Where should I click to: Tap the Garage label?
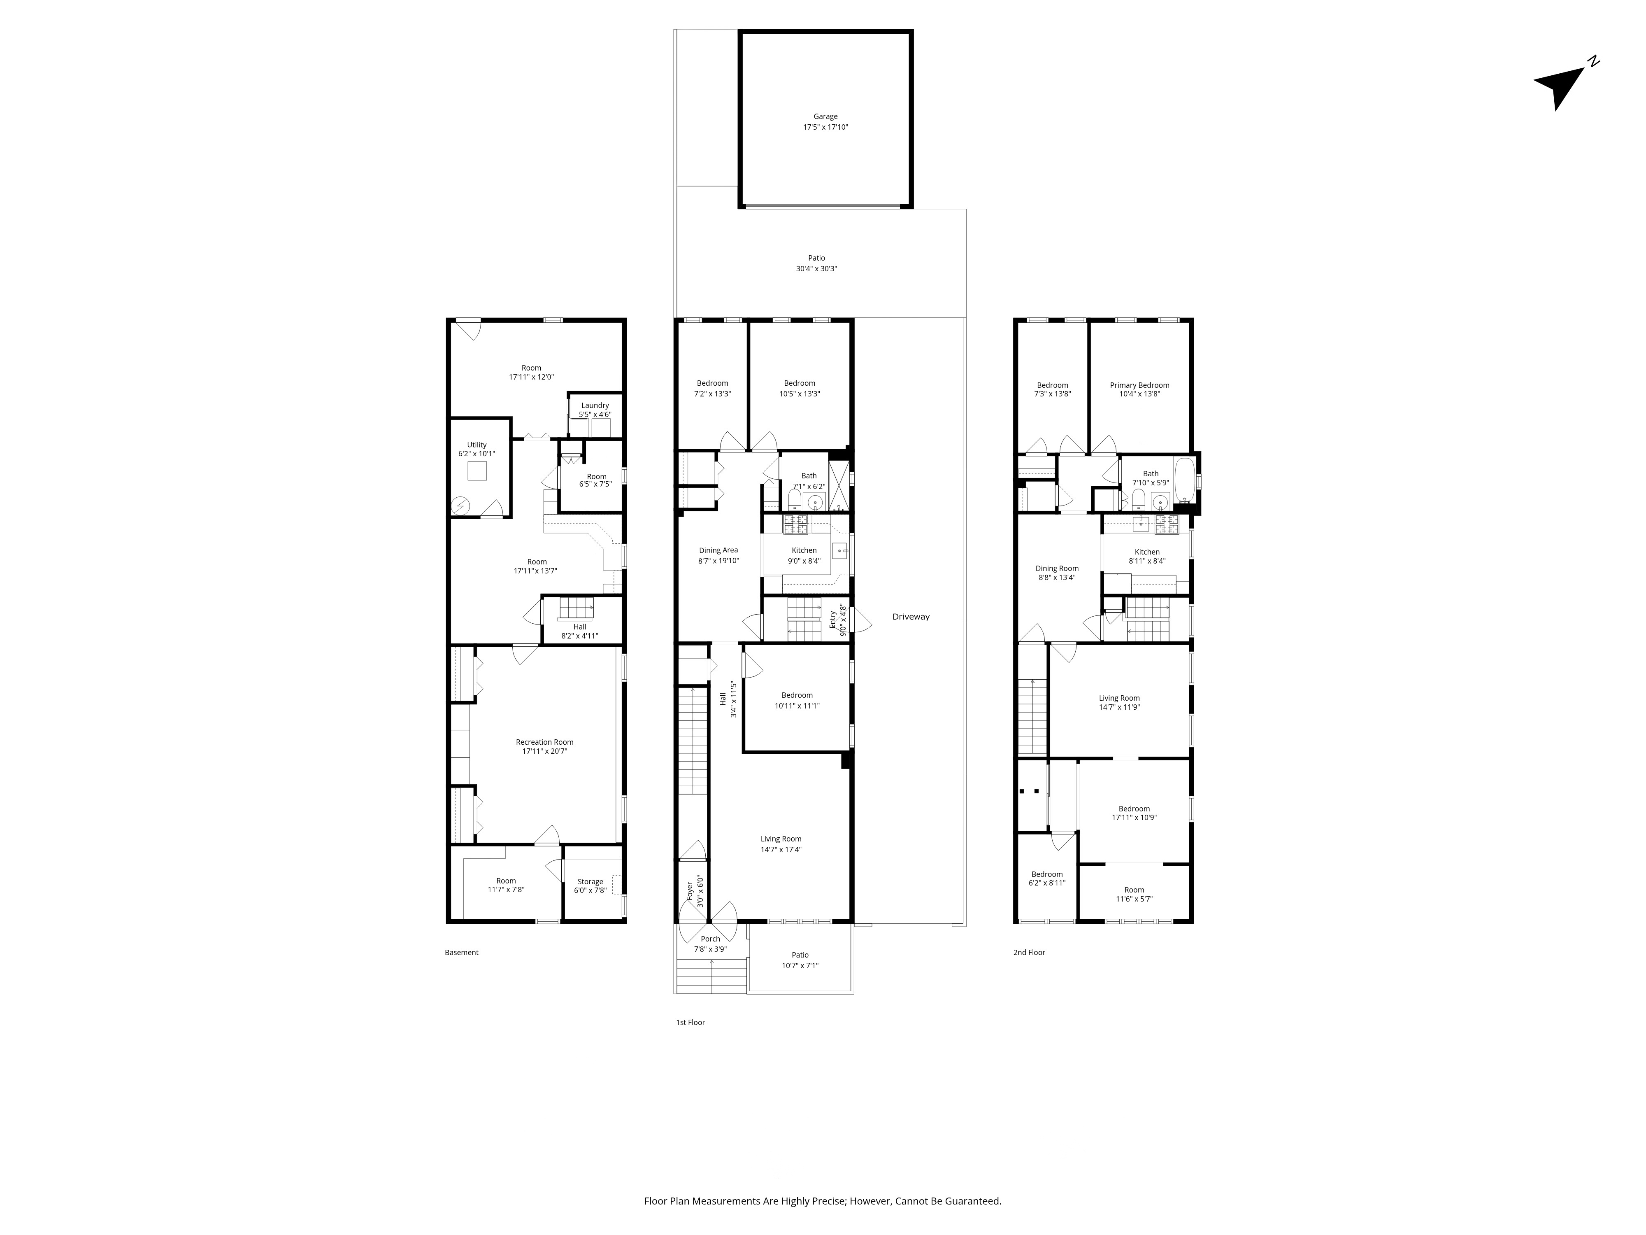[x=825, y=116]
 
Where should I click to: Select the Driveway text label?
[x=911, y=616]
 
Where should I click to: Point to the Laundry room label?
[x=595, y=406]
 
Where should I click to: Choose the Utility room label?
[x=477, y=445]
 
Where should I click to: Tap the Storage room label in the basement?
[x=590, y=881]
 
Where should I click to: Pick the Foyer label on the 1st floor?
[x=689, y=891]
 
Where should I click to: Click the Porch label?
[x=711, y=939]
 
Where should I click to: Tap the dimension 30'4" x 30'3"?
[x=816, y=269]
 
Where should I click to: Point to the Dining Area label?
[x=718, y=550]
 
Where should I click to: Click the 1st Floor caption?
[x=690, y=1022]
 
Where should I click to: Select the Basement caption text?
[x=461, y=952]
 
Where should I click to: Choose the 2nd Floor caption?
[x=1029, y=952]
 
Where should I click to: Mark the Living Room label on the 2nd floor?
[x=1119, y=697]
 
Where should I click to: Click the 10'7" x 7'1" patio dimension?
[x=800, y=965]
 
